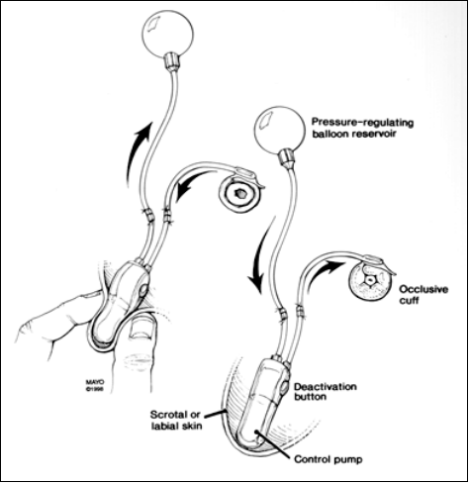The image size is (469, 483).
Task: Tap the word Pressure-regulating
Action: click(362, 123)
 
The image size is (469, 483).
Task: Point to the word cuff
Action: click(409, 301)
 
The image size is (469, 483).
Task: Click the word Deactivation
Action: click(326, 386)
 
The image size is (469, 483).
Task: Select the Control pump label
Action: click(328, 459)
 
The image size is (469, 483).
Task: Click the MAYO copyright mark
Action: click(95, 386)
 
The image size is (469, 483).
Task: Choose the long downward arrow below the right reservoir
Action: click(261, 254)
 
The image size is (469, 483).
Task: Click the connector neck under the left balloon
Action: click(172, 61)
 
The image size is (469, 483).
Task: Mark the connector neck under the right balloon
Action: click(286, 157)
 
